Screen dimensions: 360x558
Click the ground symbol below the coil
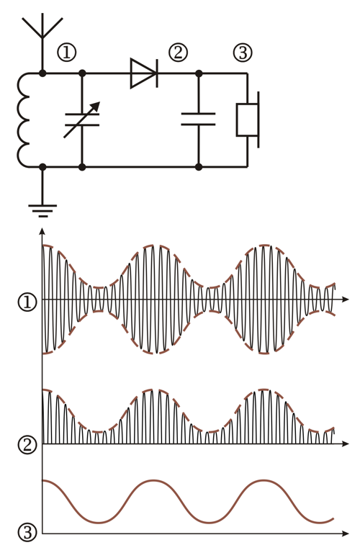click(x=42, y=210)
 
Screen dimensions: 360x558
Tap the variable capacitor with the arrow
click(x=82, y=120)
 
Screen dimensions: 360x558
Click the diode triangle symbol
click(x=144, y=73)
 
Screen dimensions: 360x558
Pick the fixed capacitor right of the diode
click(x=199, y=120)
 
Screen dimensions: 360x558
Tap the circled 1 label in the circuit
click(x=66, y=53)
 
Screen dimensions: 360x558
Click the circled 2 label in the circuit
click(x=178, y=53)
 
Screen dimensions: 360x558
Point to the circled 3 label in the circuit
click(x=243, y=53)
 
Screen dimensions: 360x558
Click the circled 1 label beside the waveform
click(x=27, y=302)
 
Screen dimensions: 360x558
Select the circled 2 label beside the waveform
click(x=27, y=445)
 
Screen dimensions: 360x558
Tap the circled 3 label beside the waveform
click(x=27, y=533)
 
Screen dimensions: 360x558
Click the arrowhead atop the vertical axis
click(x=42, y=231)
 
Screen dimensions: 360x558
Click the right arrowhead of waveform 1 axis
click(x=345, y=300)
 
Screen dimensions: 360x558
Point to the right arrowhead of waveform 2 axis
click(x=345, y=444)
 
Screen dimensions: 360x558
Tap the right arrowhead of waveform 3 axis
click(x=345, y=534)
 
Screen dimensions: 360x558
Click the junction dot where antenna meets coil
click(x=42, y=73)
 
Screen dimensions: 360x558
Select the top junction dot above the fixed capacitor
click(x=199, y=73)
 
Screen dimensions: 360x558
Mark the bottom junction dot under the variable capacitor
click(x=82, y=167)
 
